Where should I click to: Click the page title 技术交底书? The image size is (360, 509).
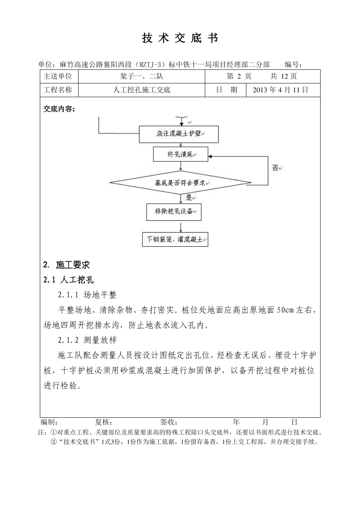click(x=180, y=38)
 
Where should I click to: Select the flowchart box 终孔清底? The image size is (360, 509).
click(x=180, y=155)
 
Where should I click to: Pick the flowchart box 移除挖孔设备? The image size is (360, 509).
click(x=174, y=212)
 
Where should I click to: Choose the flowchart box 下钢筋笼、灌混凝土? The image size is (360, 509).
click(x=175, y=240)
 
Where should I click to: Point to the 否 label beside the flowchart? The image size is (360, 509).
click(x=275, y=167)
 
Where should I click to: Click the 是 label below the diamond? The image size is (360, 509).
click(x=189, y=197)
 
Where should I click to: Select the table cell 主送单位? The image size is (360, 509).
click(x=58, y=76)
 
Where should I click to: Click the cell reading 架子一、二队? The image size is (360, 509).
click(x=141, y=76)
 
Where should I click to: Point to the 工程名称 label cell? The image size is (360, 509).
click(x=58, y=90)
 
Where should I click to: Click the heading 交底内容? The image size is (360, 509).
click(x=59, y=109)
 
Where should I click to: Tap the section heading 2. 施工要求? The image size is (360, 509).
click(x=67, y=264)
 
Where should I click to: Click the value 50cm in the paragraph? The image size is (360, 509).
click(x=285, y=310)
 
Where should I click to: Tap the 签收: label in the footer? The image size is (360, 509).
click(x=169, y=422)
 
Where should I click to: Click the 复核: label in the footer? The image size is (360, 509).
click(x=103, y=422)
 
